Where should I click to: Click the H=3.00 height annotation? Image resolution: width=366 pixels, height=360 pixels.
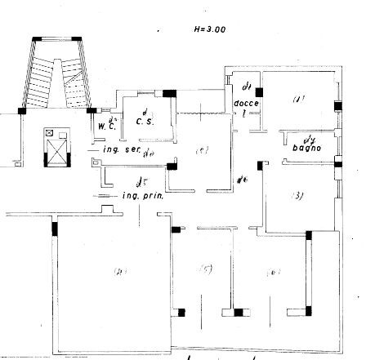pos(210,29)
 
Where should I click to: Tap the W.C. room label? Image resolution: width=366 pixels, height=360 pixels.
pos(105,127)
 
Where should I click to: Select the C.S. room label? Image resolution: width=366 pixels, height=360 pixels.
pos(145,122)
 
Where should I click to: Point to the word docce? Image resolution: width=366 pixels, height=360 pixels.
pos(246,104)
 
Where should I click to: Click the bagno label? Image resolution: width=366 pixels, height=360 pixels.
pos(307,148)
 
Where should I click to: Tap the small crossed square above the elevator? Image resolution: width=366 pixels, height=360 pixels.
pos(50,131)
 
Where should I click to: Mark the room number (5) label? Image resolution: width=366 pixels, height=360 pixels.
pos(207,270)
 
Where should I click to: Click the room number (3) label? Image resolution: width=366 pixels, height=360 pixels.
pos(298,195)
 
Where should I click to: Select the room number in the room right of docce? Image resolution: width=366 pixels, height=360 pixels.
pos(298,100)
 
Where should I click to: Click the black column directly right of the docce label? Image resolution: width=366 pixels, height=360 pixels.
pos(258,92)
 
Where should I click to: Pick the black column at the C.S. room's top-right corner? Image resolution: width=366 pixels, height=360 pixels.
pos(170,95)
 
